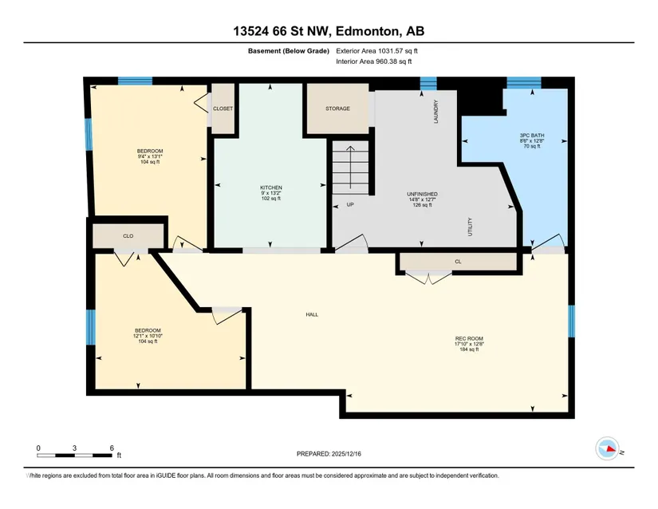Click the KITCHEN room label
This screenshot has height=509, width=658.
coord(271,187)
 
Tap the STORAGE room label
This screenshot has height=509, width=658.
coord(338,109)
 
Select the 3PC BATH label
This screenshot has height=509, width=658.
coord(532,136)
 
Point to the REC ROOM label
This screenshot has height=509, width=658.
coord(469,338)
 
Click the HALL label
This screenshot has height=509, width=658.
coord(312,314)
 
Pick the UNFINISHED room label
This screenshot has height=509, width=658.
coord(422,195)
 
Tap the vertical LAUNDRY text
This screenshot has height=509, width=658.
coord(436,112)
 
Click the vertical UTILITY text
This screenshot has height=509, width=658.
coord(470,227)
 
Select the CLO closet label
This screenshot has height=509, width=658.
coord(128,236)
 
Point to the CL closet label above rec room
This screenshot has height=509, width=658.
coord(458,262)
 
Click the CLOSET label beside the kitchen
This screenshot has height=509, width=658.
coord(223,109)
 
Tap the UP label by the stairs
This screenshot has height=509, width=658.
coord(350,205)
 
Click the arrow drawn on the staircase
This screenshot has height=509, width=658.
coord(350,167)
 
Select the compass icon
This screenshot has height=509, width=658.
coord(607,448)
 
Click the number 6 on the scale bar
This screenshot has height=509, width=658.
coord(112,448)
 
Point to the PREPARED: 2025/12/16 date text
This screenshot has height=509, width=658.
coord(329,454)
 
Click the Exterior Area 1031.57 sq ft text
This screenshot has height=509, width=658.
coord(376,51)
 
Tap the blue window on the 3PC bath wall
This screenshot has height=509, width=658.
coord(524,82)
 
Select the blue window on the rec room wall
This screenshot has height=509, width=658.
coord(571,322)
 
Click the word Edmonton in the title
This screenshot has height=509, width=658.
coord(367,31)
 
